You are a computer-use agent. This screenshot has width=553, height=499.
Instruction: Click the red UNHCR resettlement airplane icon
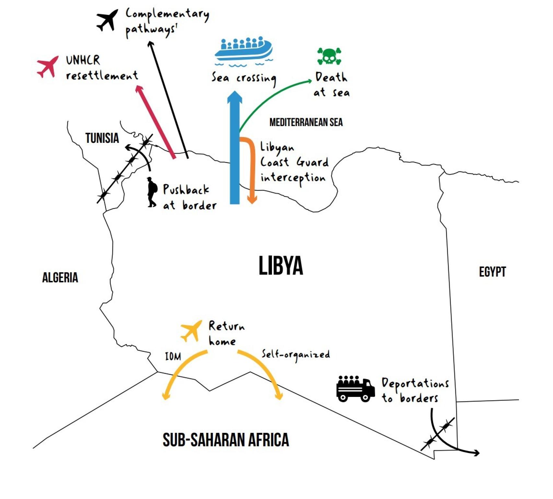(48, 67)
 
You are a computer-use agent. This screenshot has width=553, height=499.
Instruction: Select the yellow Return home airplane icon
(191, 331)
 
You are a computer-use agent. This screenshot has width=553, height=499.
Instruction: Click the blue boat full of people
(244, 50)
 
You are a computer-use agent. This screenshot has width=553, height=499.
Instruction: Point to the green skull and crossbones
(329, 56)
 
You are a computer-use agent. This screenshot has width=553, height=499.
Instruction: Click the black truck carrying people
(355, 389)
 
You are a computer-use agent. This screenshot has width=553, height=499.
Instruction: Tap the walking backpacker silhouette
(151, 192)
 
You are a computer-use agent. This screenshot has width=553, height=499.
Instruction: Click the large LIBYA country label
(281, 266)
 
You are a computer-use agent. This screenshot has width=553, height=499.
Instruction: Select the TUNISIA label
(102, 138)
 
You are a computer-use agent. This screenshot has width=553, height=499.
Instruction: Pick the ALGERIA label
(60, 278)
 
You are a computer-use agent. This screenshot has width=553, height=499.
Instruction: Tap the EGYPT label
(492, 272)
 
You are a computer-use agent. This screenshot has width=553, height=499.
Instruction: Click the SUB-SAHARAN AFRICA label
(226, 440)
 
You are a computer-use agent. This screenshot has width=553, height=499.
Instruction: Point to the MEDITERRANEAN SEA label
(306, 122)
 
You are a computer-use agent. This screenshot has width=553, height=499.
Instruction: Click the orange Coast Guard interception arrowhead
(252, 200)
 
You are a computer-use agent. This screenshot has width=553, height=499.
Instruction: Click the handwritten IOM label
(173, 357)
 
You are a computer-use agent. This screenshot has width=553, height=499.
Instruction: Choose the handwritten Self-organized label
(296, 354)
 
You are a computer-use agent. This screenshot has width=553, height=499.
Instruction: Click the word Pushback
(186, 190)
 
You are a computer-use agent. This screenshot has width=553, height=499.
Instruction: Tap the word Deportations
(415, 384)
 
